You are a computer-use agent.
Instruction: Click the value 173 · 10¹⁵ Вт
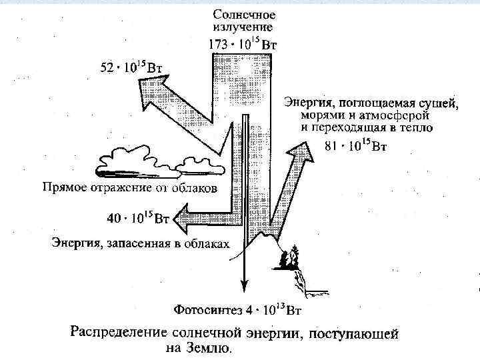(x=243, y=44)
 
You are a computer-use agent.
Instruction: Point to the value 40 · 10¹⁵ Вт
(x=139, y=217)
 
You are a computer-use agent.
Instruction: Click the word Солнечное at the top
(x=244, y=13)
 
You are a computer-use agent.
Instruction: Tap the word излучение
(x=243, y=28)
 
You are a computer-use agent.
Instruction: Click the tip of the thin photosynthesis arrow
(x=245, y=293)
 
